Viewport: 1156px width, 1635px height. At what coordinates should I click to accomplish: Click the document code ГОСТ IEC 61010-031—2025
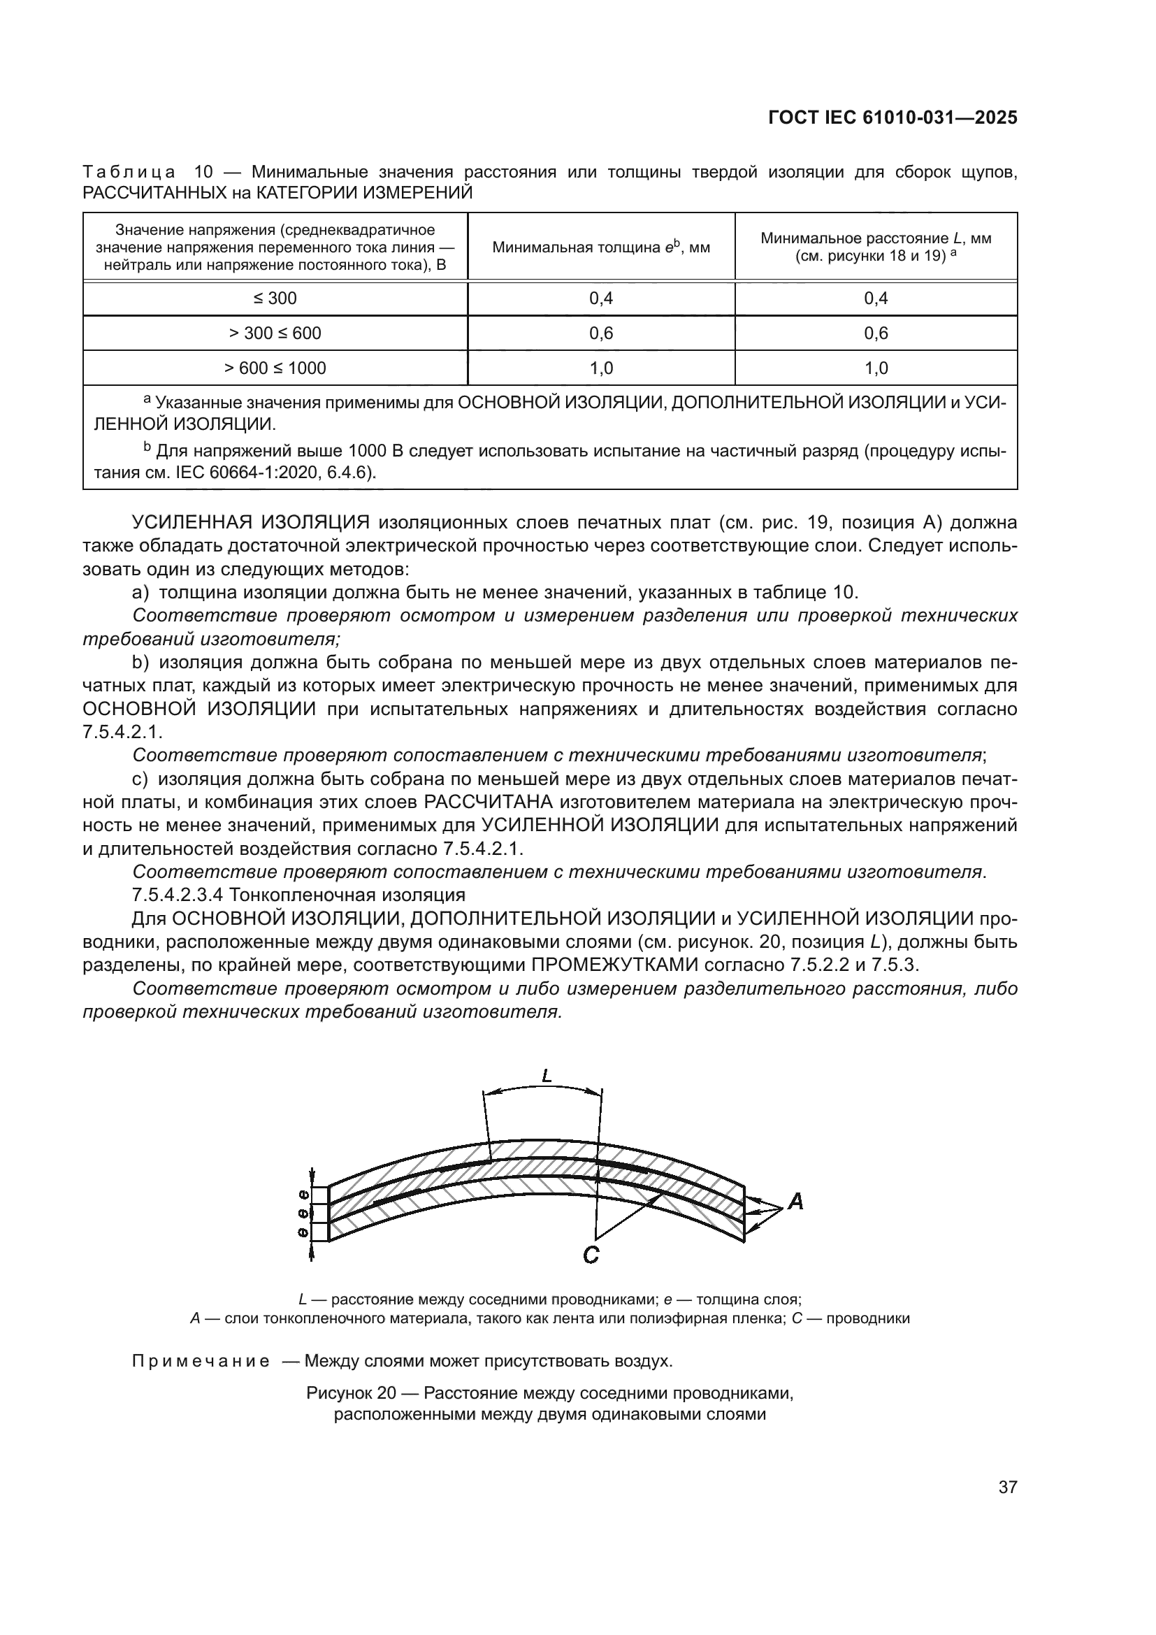pyautogui.click(x=893, y=118)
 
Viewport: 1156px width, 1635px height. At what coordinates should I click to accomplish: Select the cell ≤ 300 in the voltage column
pyautogui.click(x=275, y=298)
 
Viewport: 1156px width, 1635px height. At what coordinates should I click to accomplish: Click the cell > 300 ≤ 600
pyautogui.click(x=275, y=333)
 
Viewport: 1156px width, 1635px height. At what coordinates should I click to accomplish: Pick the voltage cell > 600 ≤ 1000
pyautogui.click(x=275, y=368)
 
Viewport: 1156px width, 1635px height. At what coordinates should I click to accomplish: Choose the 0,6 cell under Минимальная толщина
pyautogui.click(x=601, y=333)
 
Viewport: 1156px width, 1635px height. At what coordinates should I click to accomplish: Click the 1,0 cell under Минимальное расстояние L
pyautogui.click(x=876, y=368)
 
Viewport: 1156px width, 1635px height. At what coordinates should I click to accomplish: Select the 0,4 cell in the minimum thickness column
pyautogui.click(x=601, y=298)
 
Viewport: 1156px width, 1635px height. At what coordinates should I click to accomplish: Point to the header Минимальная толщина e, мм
pyautogui.click(x=601, y=247)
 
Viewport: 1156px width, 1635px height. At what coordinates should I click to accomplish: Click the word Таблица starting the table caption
pyautogui.click(x=129, y=173)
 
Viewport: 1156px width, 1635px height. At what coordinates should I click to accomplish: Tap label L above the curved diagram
pyautogui.click(x=547, y=1076)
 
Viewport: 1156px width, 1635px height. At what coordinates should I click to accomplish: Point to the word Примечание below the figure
pyautogui.click(x=201, y=1362)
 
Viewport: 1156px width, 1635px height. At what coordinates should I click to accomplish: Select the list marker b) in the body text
pyautogui.click(x=140, y=662)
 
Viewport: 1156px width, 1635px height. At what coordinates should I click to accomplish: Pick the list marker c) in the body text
pyautogui.click(x=140, y=779)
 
